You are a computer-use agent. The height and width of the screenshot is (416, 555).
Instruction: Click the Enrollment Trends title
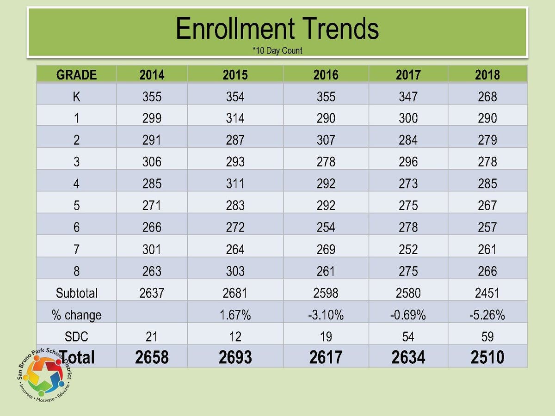[277, 28]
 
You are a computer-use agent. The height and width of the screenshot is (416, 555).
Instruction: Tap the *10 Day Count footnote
[277, 50]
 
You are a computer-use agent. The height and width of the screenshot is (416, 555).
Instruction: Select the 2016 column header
[326, 75]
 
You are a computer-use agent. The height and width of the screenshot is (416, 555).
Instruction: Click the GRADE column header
[76, 75]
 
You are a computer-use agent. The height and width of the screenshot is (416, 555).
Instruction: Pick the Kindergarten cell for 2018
[487, 97]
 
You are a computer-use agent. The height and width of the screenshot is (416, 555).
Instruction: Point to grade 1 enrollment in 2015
[235, 118]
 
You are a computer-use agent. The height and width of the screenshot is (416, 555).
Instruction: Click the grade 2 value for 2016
[326, 140]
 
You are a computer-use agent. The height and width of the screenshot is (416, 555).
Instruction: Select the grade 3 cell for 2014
[152, 162]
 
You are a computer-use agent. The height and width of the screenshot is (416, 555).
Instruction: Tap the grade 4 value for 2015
[235, 184]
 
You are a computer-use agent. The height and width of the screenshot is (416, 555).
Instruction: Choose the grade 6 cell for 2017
[408, 227]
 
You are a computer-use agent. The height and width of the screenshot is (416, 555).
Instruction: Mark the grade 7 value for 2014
[152, 249]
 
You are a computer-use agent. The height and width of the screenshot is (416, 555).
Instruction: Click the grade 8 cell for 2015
[235, 271]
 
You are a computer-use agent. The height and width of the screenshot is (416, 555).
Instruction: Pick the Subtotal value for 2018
[487, 293]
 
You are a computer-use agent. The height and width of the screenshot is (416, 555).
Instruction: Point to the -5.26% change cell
[487, 315]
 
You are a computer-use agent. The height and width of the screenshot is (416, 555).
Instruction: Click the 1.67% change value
[235, 315]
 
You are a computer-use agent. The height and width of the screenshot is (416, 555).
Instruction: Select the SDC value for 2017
[408, 336]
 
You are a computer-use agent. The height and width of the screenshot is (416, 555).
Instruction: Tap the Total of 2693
[235, 357]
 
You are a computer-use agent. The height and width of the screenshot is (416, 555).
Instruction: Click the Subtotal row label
[76, 293]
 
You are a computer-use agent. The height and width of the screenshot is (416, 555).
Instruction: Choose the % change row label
[76, 315]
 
